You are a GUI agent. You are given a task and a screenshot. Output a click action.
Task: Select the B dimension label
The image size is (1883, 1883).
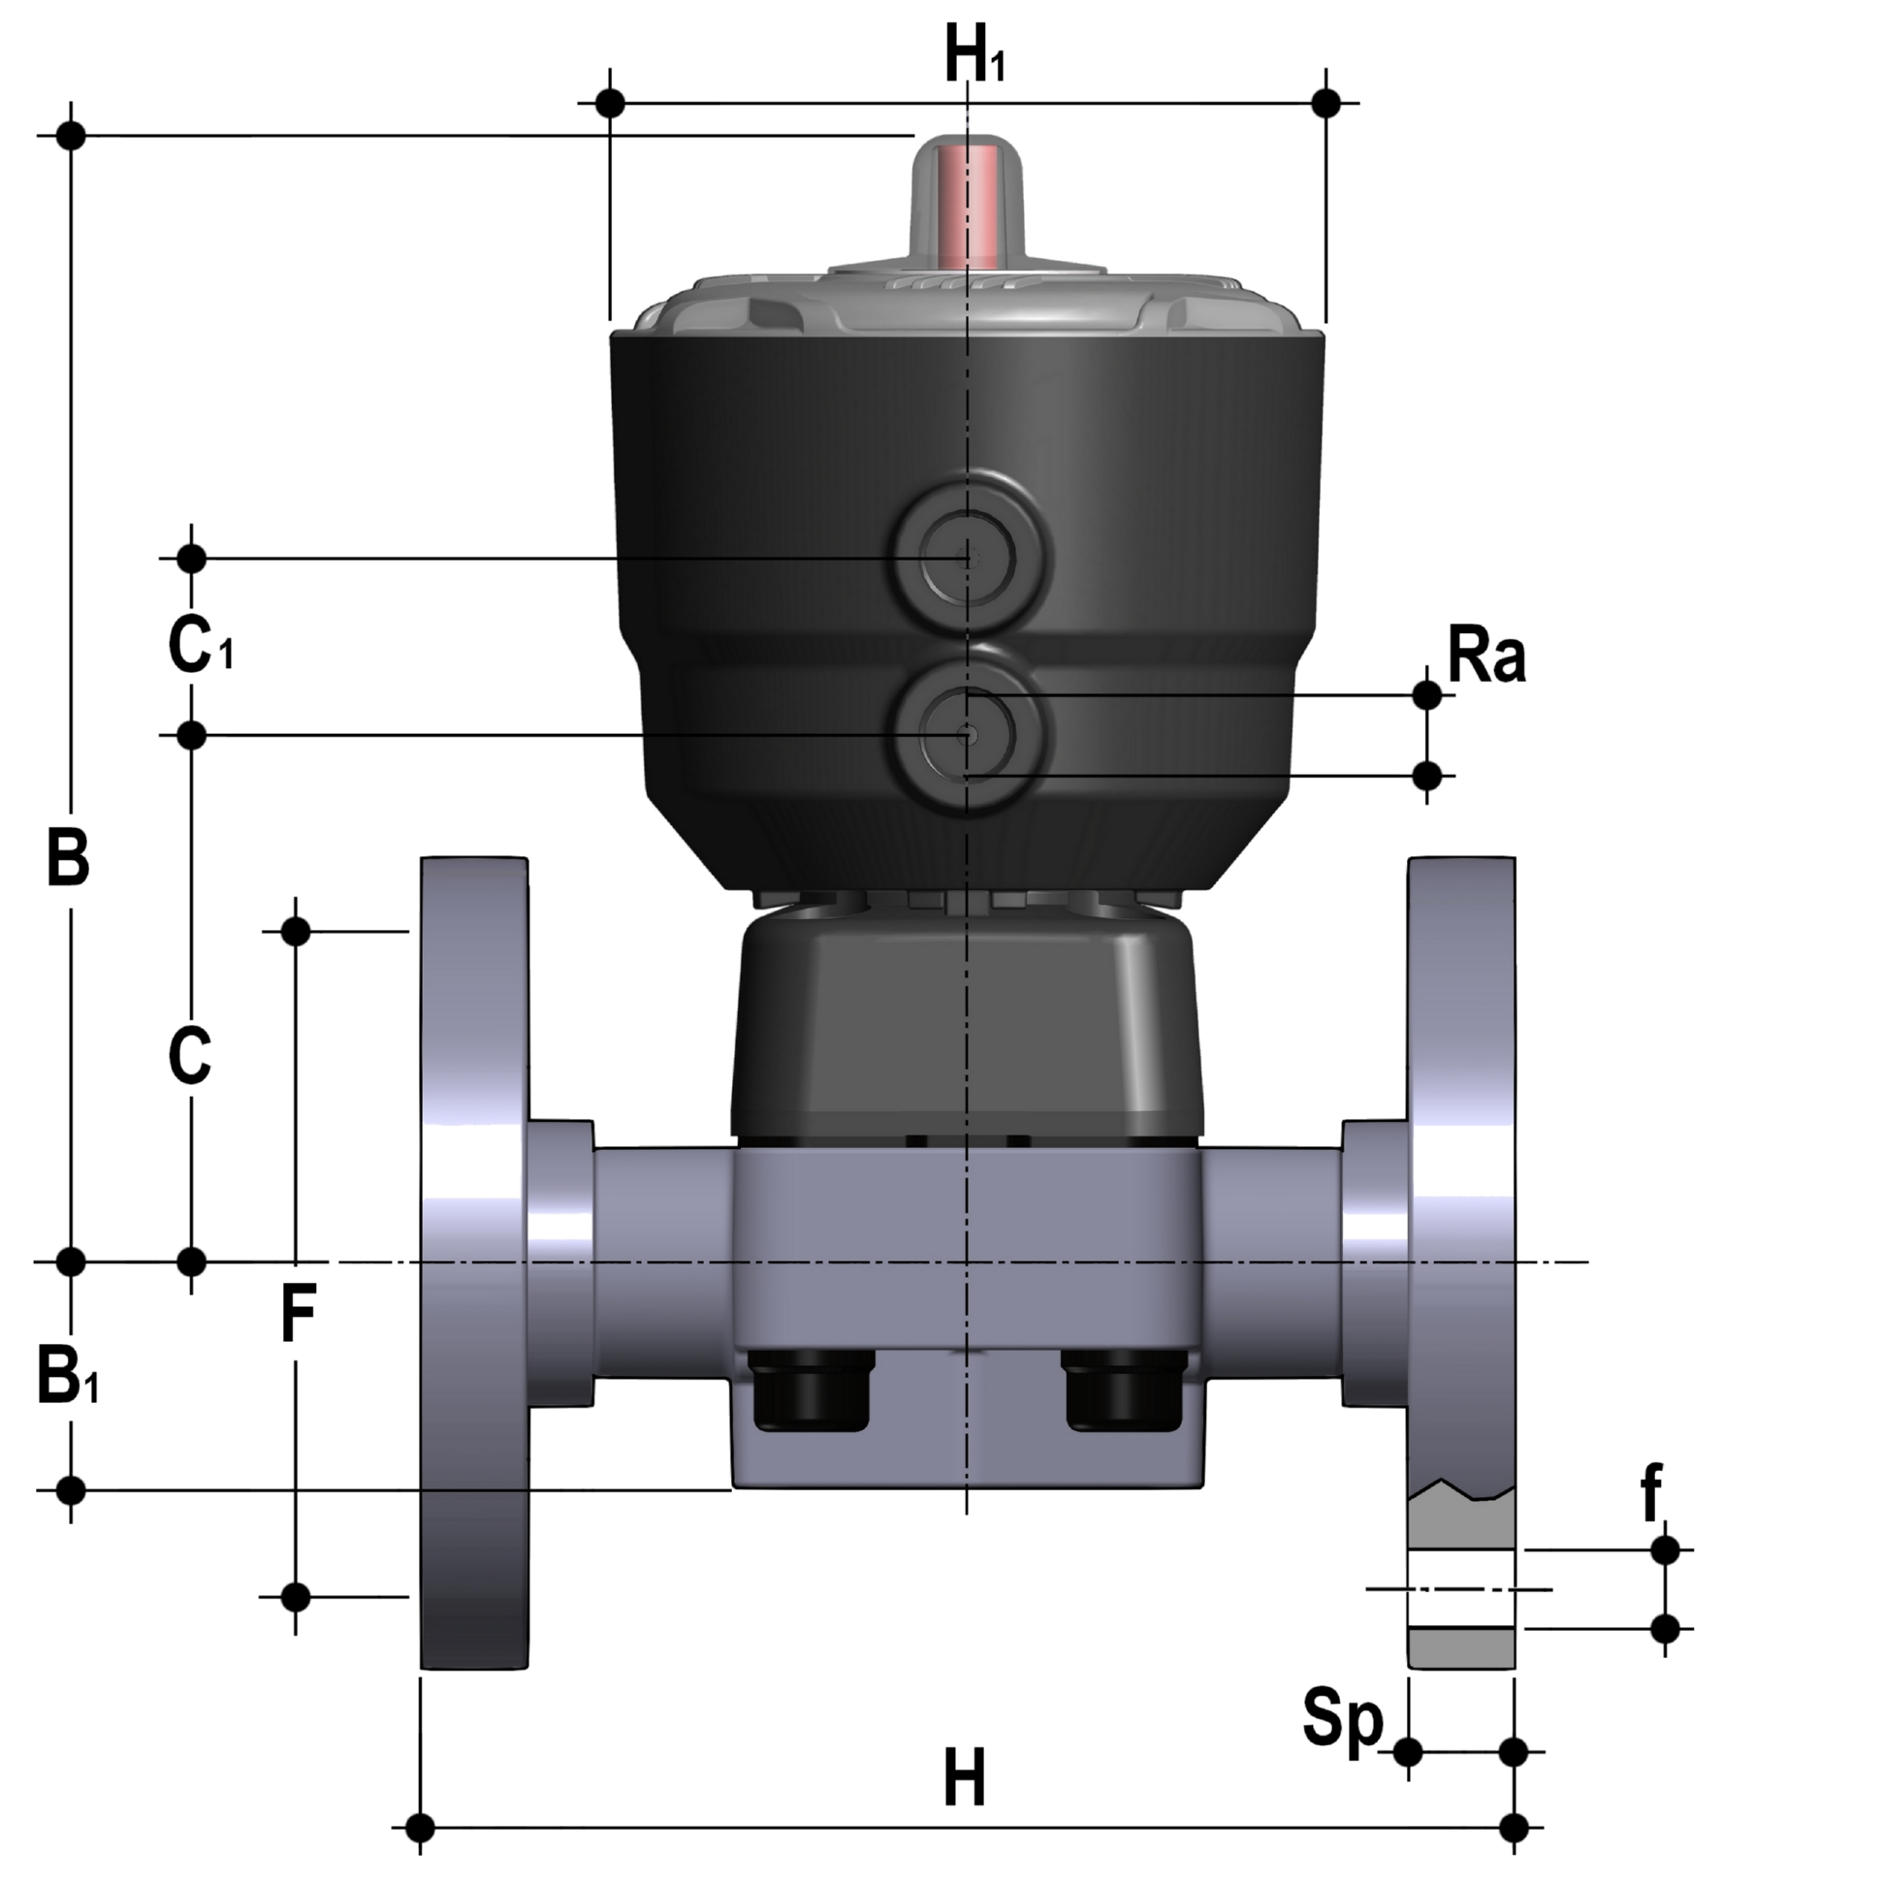(x=68, y=858)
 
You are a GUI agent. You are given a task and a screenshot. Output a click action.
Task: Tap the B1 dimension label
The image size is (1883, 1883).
(x=68, y=1374)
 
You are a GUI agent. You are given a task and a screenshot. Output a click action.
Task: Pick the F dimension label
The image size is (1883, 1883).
(x=298, y=1314)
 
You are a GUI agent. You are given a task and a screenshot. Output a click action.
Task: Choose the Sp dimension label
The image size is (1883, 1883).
(x=1343, y=1723)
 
